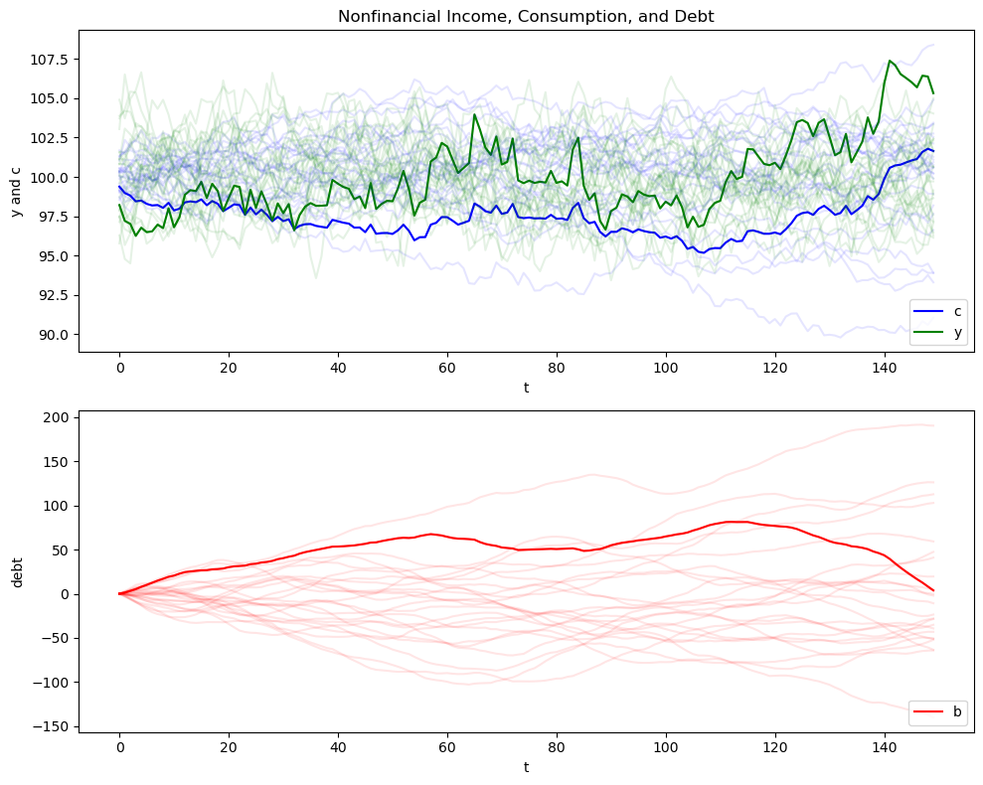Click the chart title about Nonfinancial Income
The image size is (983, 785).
(526, 16)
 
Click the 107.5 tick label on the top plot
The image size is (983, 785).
(50, 59)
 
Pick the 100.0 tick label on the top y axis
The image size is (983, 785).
(50, 178)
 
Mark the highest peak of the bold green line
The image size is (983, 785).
(890, 61)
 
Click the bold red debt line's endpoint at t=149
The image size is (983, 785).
(933, 590)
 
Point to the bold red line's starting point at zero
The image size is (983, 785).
(119, 594)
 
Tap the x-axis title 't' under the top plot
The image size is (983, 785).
(526, 388)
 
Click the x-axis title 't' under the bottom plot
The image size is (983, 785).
(526, 769)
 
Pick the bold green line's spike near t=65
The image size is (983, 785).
(474, 114)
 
